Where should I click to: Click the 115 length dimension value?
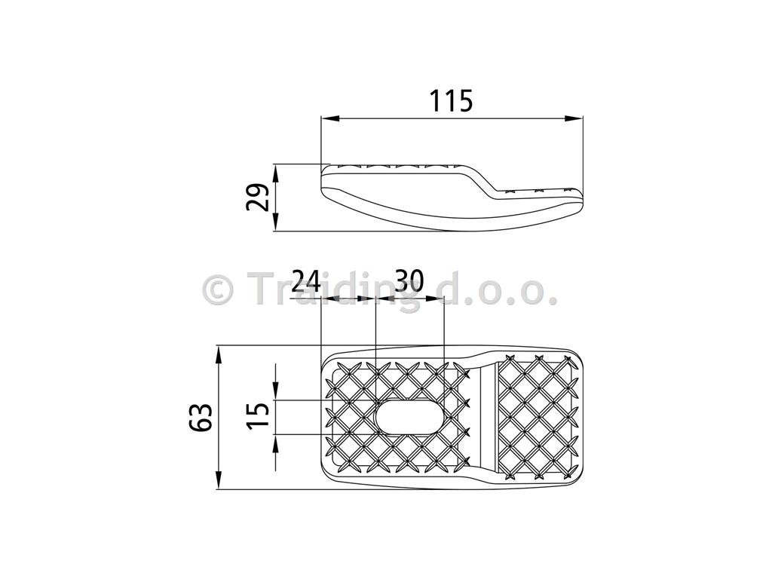[x=451, y=101]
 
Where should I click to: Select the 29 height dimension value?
[x=258, y=197]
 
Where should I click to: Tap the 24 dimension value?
[x=306, y=281]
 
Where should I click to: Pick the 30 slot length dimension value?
[x=409, y=281]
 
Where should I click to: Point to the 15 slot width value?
[x=258, y=416]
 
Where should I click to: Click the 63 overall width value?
[x=201, y=418]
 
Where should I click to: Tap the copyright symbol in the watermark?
[x=217, y=290]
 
